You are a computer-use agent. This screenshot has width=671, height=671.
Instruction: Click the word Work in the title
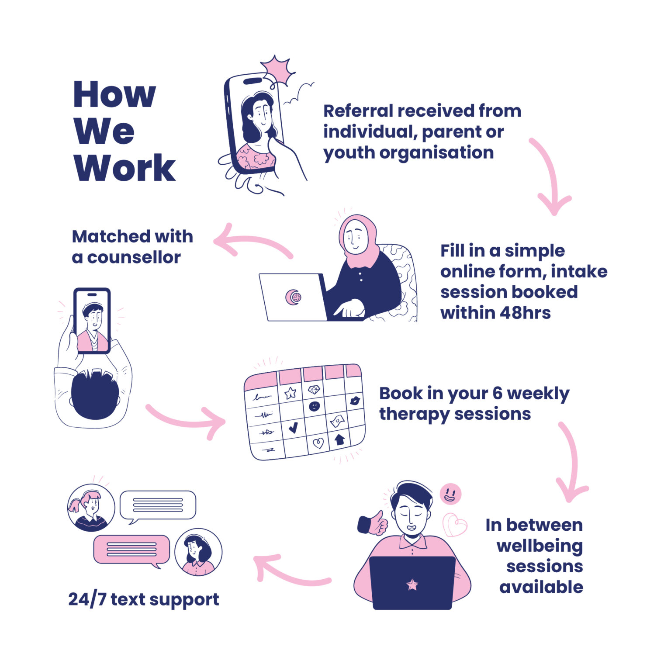pyautogui.click(x=125, y=168)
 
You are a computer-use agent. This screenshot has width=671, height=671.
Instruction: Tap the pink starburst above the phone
pyautogui.click(x=278, y=70)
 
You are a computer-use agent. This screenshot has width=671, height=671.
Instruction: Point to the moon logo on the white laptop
pyautogui.click(x=294, y=297)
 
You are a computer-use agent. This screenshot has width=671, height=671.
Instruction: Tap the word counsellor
pyautogui.click(x=134, y=258)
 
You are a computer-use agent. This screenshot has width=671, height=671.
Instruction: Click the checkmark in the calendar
pyautogui.click(x=293, y=426)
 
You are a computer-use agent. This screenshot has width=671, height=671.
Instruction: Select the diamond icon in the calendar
pyautogui.click(x=314, y=390)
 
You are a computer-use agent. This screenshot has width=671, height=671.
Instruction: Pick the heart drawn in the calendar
pyautogui.click(x=318, y=443)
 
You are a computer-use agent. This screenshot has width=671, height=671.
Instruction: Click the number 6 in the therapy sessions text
pyautogui.click(x=497, y=394)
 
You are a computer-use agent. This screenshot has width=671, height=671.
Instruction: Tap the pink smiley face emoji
pyautogui.click(x=450, y=494)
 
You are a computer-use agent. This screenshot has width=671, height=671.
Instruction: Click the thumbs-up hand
pyautogui.click(x=373, y=523)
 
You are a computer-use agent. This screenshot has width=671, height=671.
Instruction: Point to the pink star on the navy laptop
pyautogui.click(x=412, y=585)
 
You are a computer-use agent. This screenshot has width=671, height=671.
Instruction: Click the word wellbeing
pyautogui.click(x=540, y=546)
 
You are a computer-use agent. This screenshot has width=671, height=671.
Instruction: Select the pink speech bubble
pyautogui.click(x=131, y=550)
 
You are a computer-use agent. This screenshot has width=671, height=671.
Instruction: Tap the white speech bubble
pyautogui.click(x=158, y=505)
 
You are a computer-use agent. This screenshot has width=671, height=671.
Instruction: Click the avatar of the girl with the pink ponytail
pyautogui.click(x=91, y=508)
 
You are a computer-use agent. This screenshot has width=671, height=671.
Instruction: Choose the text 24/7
pyautogui.click(x=87, y=599)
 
